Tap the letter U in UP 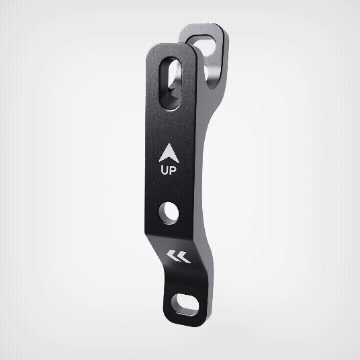click(165, 171)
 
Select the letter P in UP click(173, 171)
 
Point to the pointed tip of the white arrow click(169, 144)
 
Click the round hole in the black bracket click(169, 213)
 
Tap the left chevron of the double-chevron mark click(173, 256)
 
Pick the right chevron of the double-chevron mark click(184, 257)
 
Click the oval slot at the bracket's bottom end click(185, 305)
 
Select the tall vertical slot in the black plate click(170, 84)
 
